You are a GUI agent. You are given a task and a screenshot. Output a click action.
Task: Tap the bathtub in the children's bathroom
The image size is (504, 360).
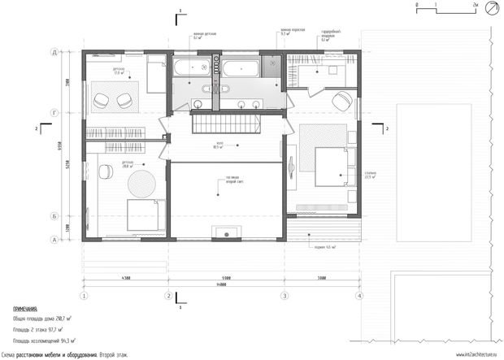[x=191, y=66]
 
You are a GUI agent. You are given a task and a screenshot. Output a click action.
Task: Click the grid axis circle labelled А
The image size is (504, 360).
[x=54, y=239]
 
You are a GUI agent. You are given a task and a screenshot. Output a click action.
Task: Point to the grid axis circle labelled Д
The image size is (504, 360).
[x=54, y=51]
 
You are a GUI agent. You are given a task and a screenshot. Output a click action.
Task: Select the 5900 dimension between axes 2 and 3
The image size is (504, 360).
[x=226, y=278]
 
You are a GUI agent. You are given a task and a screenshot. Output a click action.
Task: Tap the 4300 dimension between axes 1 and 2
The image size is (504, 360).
[x=125, y=278]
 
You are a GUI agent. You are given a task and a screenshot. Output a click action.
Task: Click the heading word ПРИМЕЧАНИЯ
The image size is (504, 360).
[x=26, y=310]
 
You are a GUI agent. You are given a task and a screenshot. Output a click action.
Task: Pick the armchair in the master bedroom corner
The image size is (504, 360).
[x=341, y=101]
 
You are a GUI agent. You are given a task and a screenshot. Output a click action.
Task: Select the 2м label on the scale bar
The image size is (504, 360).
[x=474, y=5]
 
